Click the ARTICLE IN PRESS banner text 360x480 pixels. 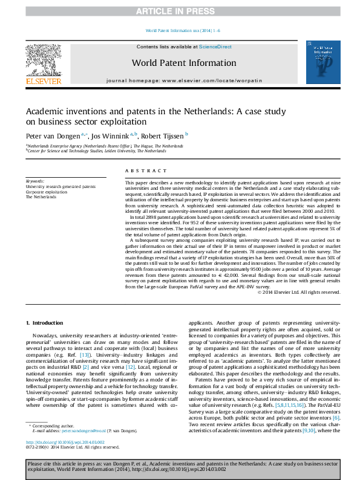(180, 11)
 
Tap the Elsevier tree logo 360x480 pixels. (44, 60)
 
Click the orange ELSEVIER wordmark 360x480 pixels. (44, 81)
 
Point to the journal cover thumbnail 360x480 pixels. (321, 63)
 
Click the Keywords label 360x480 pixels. (35, 181)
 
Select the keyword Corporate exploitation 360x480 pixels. (47, 192)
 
